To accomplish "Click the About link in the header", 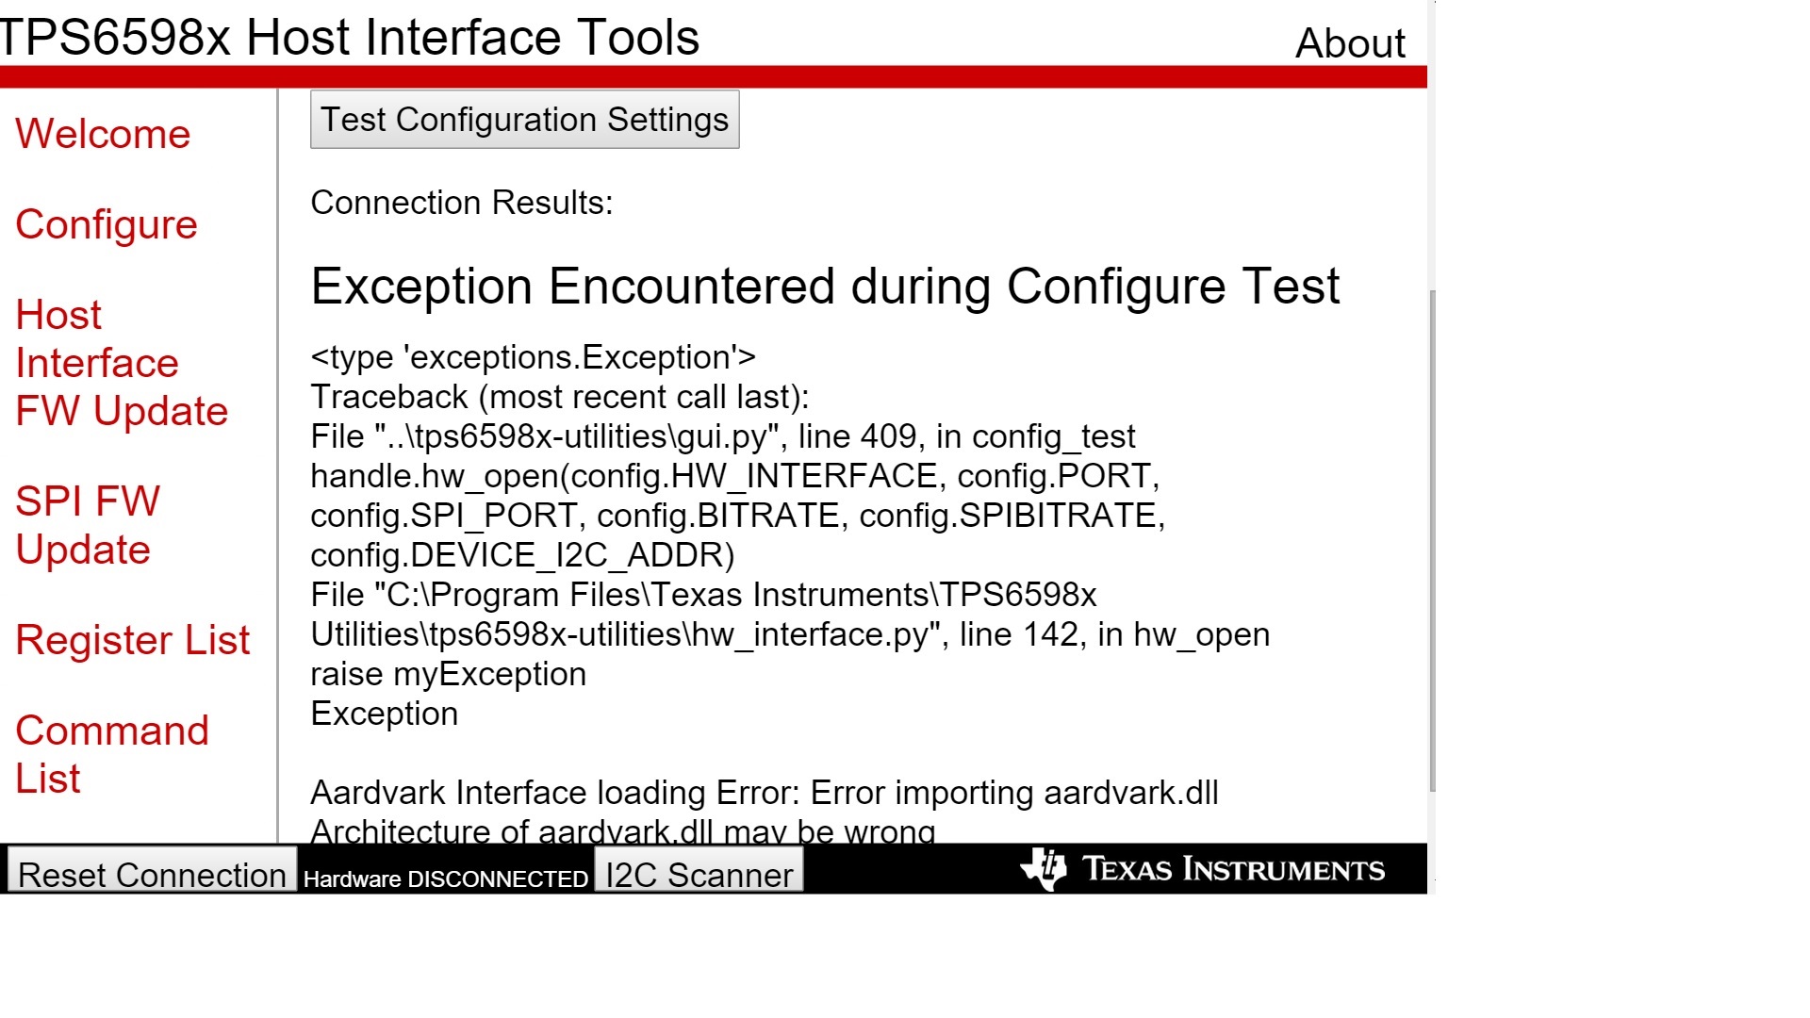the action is [1350, 43].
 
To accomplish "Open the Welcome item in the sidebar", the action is [103, 134].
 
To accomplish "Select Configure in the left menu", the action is [107, 224].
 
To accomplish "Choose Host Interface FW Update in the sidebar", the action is [122, 363].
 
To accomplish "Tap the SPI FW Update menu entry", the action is [88, 525].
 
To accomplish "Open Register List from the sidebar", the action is [133, 640].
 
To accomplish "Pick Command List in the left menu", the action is [112, 754].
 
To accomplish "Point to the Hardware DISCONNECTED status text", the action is [446, 879].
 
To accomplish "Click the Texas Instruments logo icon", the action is [1044, 868].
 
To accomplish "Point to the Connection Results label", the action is [462, 203].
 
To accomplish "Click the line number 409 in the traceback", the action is [888, 436].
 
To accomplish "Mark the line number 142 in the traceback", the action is [1050, 634].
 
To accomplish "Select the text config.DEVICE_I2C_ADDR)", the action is [522, 555].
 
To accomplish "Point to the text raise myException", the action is [449, 674].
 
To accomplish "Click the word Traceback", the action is [389, 397].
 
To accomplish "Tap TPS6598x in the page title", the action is [114, 38].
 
